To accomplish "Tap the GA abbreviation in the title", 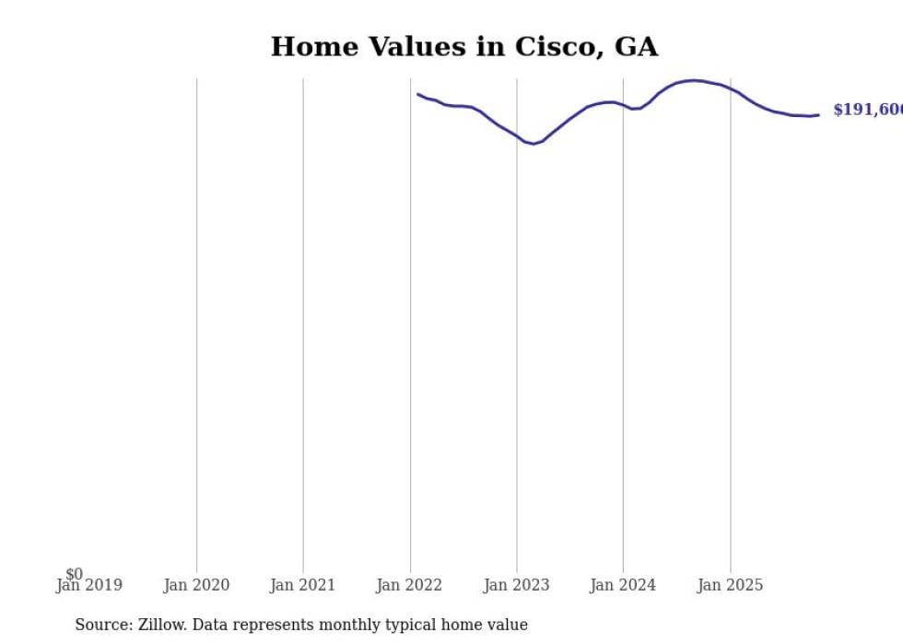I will (637, 47).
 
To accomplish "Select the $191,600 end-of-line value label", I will (867, 110).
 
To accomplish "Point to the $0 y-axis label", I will (74, 574).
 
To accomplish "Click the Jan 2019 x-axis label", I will (88, 585).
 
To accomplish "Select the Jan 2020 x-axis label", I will (196, 585).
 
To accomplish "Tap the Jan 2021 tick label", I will (303, 585).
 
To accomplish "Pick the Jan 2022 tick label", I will (409, 585).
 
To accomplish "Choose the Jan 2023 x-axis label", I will (516, 585).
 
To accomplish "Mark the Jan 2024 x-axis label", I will (623, 585).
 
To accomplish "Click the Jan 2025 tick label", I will (730, 585).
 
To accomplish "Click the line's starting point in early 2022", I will (417, 94).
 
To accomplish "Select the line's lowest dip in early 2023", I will (534, 144).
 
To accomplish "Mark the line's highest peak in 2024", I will (693, 80).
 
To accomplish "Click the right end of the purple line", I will (818, 115).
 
